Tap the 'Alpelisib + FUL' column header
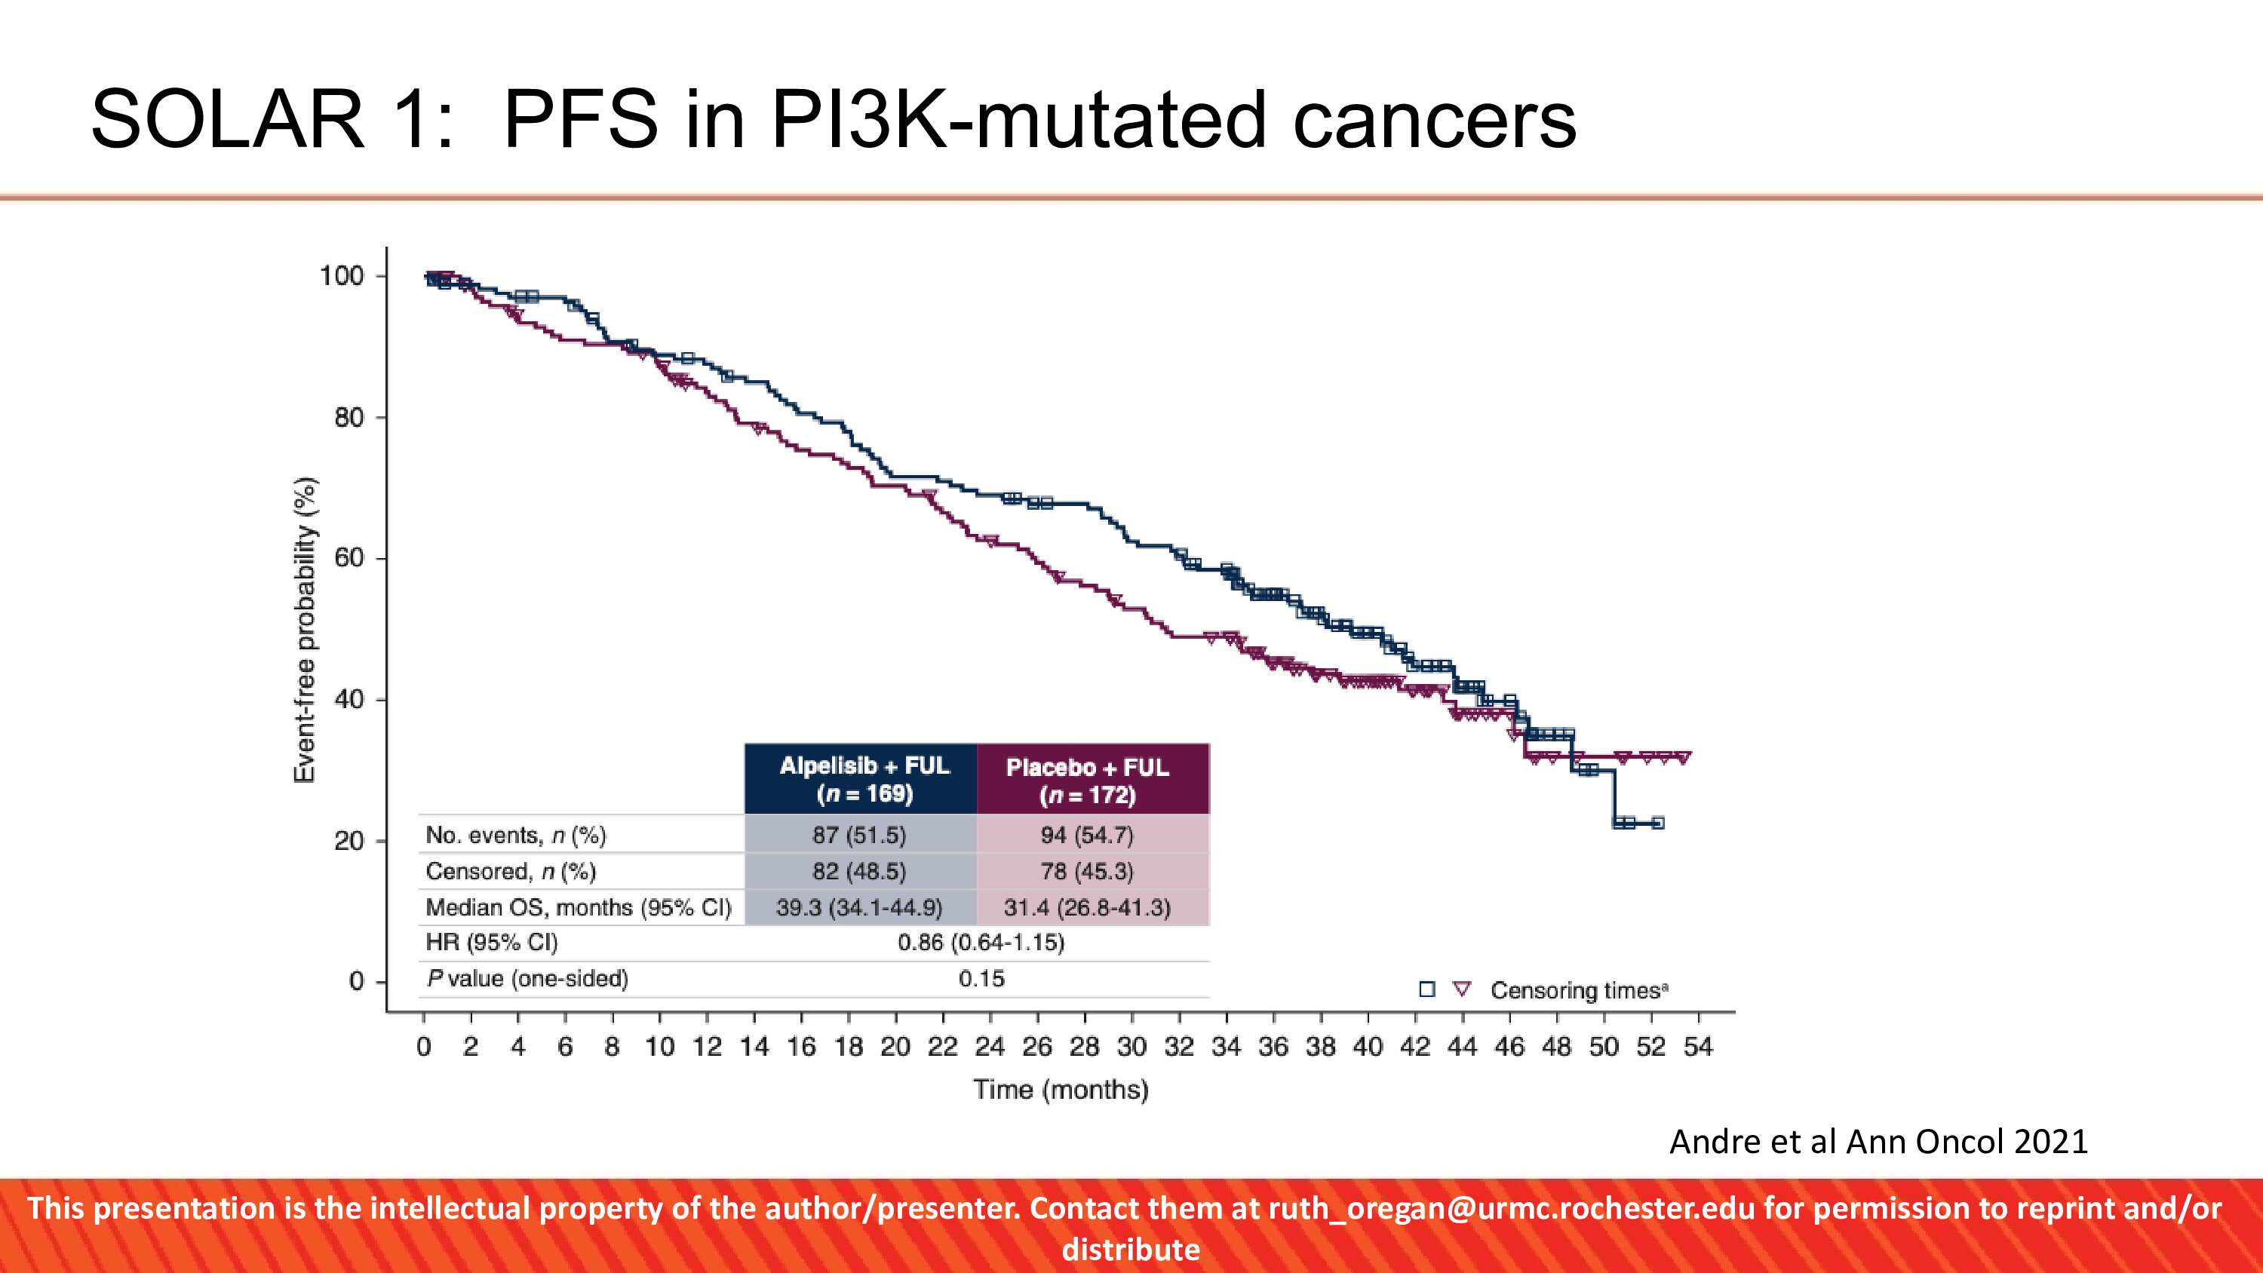[x=864, y=779]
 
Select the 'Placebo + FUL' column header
[x=1088, y=780]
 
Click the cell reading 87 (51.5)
[x=858, y=835]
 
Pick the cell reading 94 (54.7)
[x=1087, y=835]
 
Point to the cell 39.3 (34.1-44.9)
[x=858, y=906]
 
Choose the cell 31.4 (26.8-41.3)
[x=1087, y=906]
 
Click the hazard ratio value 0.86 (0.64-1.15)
[x=981, y=943]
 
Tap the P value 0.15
[x=981, y=979]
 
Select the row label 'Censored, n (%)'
[x=511, y=872]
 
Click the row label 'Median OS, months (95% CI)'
[x=578, y=906]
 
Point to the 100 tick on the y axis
[x=342, y=276]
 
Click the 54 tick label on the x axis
[x=1697, y=1046]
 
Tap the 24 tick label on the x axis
[x=989, y=1046]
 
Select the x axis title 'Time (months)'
[x=1061, y=1090]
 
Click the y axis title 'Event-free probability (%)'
[x=304, y=629]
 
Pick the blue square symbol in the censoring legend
[x=1426, y=989]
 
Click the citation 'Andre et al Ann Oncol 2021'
[x=1878, y=1141]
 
